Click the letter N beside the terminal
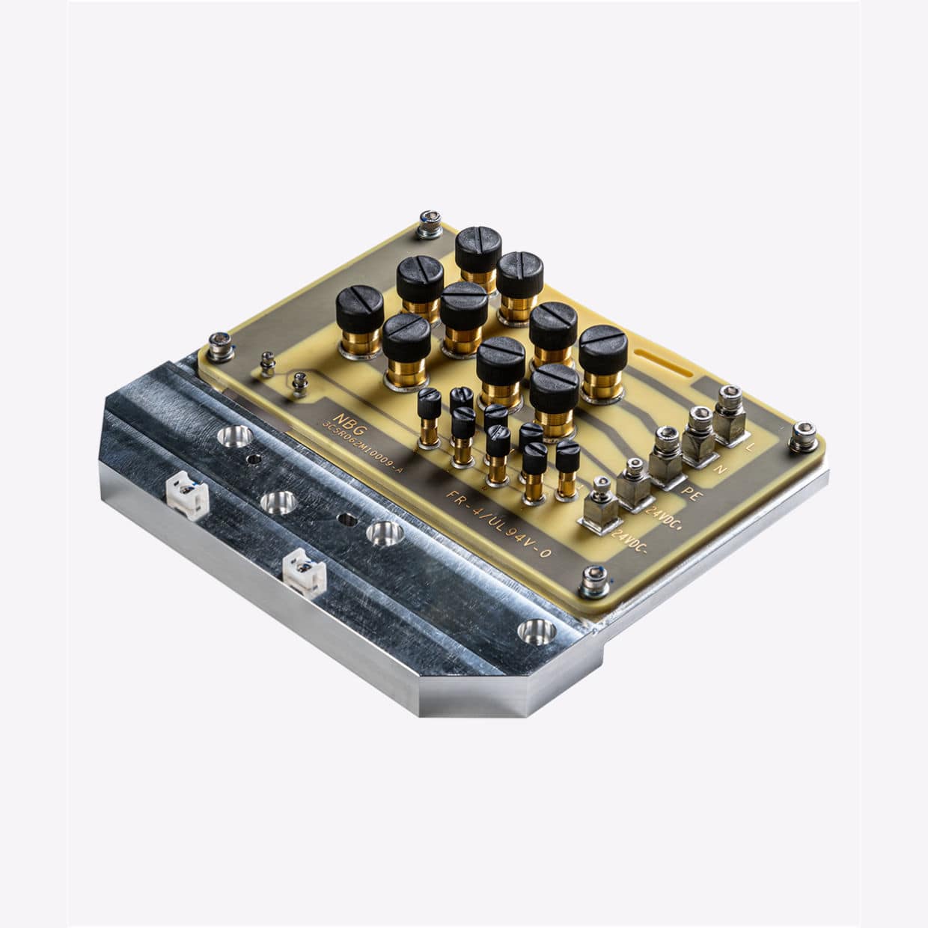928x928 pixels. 721,469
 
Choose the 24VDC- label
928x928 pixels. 629,540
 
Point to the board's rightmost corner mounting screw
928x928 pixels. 803,432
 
